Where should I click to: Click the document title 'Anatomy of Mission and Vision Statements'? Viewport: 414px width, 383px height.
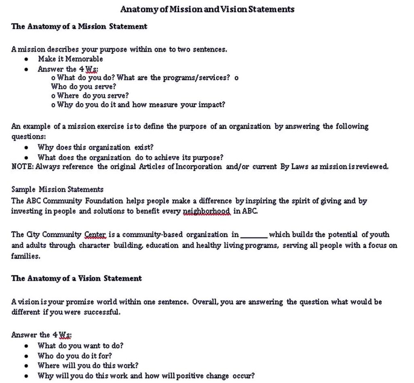point(207,9)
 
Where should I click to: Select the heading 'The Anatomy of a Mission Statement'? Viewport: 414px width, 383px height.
point(79,27)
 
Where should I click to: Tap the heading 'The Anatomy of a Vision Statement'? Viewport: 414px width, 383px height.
point(76,278)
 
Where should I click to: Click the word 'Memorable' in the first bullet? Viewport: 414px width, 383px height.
point(84,59)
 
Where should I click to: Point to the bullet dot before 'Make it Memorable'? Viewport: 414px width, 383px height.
point(26,59)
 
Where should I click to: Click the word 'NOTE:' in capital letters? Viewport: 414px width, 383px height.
point(23,167)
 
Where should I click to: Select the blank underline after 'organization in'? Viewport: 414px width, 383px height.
point(254,235)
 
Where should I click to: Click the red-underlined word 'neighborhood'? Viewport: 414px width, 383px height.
point(207,211)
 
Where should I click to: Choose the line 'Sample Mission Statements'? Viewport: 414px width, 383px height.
point(57,189)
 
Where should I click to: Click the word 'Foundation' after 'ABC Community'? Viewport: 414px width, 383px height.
point(104,201)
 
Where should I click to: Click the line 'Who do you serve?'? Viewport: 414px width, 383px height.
point(84,86)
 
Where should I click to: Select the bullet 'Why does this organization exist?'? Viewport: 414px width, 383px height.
point(95,147)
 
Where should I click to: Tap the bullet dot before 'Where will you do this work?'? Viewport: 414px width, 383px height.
point(26,366)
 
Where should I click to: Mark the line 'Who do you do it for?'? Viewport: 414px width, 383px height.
point(75,356)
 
